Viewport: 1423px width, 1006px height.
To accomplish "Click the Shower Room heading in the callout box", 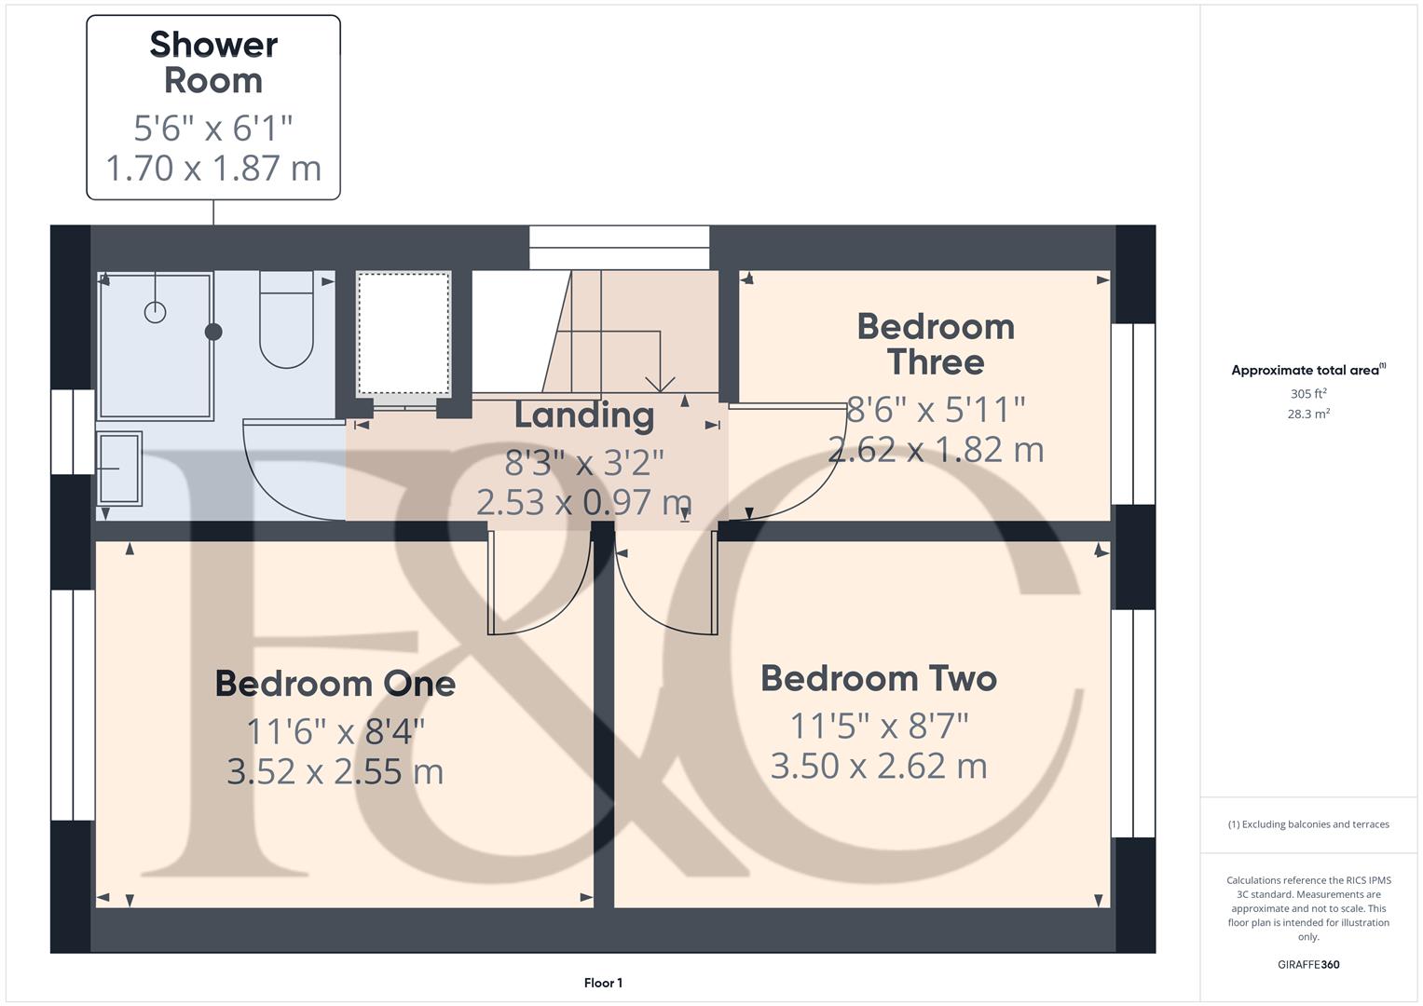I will click(213, 62).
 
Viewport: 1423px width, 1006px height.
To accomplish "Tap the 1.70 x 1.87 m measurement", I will click(213, 169).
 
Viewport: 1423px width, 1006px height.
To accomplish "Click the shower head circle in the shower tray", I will click(155, 312).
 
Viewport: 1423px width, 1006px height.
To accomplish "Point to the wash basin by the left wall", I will click(119, 468).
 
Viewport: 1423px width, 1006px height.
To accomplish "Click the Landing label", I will click(584, 415).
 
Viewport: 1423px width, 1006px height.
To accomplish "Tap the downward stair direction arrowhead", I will click(660, 383).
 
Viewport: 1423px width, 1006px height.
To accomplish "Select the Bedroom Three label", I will click(935, 344).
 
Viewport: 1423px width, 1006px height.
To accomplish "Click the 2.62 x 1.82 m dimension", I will click(935, 450).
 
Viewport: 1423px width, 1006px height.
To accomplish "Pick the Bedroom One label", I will click(335, 684).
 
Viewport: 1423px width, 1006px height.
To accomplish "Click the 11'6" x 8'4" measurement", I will click(335, 732).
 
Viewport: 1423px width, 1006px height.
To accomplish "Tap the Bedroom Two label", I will click(879, 678).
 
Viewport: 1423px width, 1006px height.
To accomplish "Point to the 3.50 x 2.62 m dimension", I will click(879, 767).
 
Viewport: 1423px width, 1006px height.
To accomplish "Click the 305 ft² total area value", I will click(1308, 394).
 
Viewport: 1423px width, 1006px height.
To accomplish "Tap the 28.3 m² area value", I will click(1308, 415).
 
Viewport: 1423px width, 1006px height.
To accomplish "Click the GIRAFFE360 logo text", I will click(1308, 965).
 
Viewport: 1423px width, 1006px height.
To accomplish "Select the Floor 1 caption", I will click(603, 983).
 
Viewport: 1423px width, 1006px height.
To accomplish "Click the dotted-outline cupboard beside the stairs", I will click(404, 333).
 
